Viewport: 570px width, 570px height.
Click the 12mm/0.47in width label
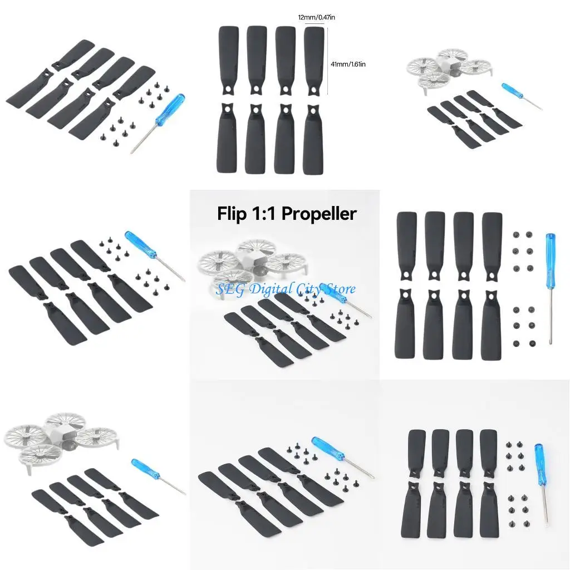pos(316,18)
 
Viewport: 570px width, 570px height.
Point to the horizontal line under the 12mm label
pos(316,24)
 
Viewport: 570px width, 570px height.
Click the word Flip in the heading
pos(232,214)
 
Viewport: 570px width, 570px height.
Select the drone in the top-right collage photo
pos(449,69)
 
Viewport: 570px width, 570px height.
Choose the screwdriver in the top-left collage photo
pos(161,122)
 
